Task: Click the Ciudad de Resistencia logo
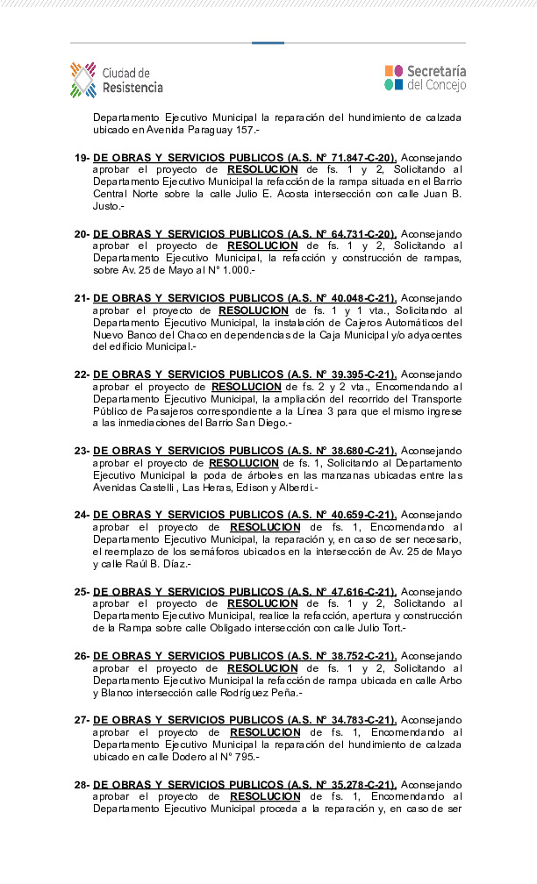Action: (x=116, y=80)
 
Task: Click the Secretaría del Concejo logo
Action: (x=426, y=78)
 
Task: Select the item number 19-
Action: (x=82, y=158)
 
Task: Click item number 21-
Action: (x=82, y=298)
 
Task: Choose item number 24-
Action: (x=82, y=515)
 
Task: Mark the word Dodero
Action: (x=182, y=757)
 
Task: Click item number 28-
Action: (x=82, y=784)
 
